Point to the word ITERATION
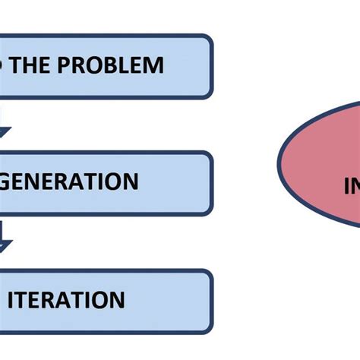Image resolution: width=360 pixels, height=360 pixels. [x=66, y=300]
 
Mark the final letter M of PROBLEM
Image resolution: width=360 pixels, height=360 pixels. [x=154, y=65]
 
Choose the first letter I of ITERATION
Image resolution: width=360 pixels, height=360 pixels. [x=11, y=300]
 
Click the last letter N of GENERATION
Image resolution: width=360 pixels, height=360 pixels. [x=131, y=182]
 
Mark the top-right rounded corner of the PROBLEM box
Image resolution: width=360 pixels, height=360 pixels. [x=210, y=38]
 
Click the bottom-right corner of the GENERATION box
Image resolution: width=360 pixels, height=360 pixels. [x=210, y=213]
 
